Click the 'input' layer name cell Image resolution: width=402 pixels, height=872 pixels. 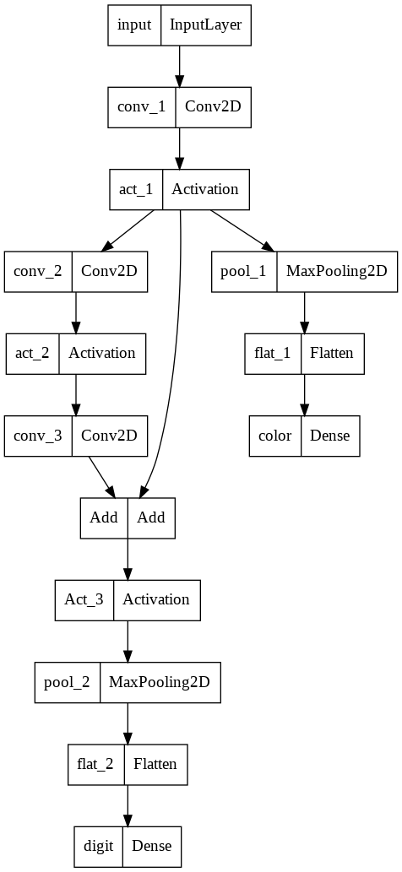point(134,25)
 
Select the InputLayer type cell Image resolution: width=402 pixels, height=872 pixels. point(206,25)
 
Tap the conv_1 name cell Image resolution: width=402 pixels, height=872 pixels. point(141,107)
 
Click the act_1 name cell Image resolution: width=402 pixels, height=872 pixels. point(136,190)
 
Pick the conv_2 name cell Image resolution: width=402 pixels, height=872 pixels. point(38,272)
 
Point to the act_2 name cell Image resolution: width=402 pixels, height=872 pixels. point(34,354)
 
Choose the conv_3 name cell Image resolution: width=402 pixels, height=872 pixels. point(38,436)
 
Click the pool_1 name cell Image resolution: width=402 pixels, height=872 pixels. point(244,272)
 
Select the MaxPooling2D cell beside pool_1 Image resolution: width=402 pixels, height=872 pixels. point(336,272)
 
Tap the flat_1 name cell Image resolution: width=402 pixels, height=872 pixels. point(272,354)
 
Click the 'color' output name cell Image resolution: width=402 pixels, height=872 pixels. point(275,436)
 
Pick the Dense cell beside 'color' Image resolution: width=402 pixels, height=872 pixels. point(330,436)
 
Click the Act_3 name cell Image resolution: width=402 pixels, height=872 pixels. point(84,600)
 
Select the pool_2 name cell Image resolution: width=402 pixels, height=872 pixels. point(68,682)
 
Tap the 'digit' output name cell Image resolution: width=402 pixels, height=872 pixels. point(98,846)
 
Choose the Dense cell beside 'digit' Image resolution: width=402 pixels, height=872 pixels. point(152,846)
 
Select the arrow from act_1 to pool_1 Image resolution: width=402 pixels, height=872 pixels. point(242,231)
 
